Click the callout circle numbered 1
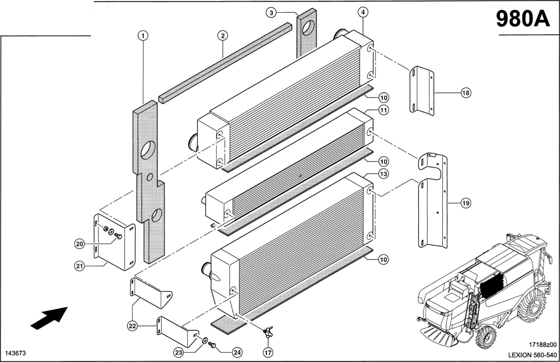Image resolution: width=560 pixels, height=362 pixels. pos(143,35)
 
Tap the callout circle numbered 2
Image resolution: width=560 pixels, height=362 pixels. pos(223,35)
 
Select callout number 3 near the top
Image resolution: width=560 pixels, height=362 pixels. pos(271,13)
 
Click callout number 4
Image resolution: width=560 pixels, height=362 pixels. pos(363,13)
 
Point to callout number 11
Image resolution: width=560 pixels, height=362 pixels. pos(383,110)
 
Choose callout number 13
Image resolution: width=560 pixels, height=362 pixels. pos(383,174)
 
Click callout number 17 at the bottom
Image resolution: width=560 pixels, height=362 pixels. pos(267,351)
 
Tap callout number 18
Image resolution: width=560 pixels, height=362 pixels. pos(465,92)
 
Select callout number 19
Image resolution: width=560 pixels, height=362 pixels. pos(465,203)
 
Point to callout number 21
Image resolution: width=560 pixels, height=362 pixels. pos(79,266)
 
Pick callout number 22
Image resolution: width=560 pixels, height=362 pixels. pos(133,325)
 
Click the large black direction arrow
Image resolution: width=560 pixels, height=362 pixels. pos(49,317)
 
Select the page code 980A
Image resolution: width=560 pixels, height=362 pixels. pos(523,18)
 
